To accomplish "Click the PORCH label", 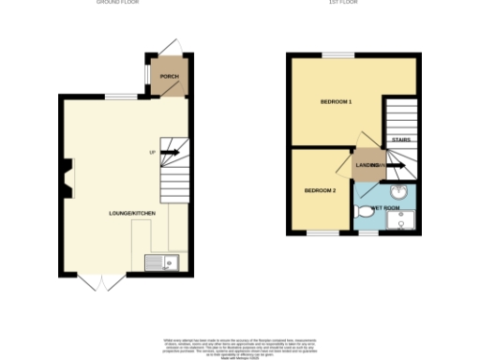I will (169, 77).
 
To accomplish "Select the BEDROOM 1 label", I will (336, 100).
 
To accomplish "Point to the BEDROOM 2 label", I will (320, 191).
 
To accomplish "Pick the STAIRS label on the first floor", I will (400, 140).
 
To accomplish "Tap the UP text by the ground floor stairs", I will (152, 152).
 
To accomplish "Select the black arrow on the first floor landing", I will (395, 166).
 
